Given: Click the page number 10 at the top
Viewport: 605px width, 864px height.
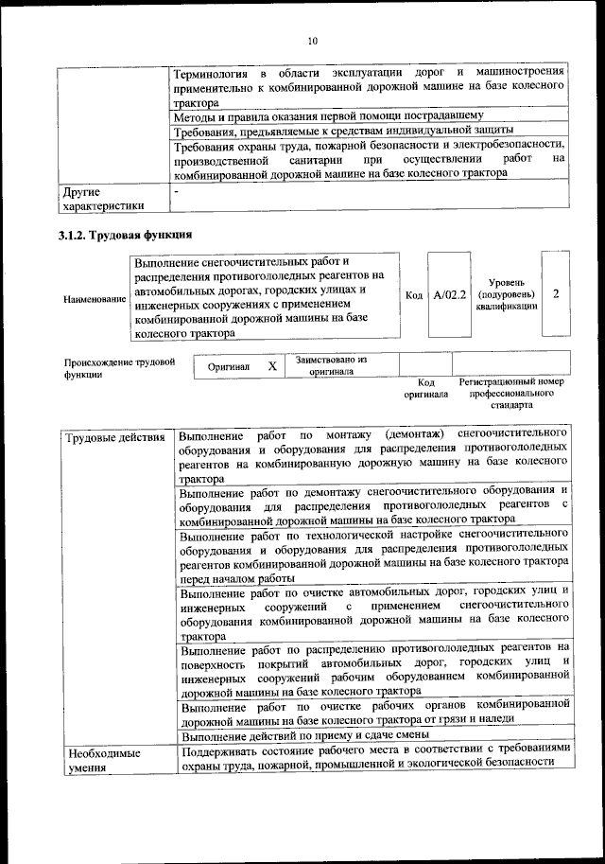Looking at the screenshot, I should tap(312, 41).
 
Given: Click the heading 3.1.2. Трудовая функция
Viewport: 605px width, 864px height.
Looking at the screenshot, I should tap(126, 235).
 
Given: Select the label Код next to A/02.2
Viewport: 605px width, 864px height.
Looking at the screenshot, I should tap(413, 295).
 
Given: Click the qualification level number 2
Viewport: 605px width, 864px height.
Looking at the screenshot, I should tap(555, 294).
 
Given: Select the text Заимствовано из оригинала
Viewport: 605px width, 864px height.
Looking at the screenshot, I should tap(331, 365).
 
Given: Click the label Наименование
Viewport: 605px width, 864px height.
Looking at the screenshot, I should tap(95, 299).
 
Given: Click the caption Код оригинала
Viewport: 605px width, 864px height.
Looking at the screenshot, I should tap(425, 387).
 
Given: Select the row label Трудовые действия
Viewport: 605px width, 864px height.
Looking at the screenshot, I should tap(116, 438).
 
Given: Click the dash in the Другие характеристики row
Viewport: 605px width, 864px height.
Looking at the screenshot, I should tap(177, 191).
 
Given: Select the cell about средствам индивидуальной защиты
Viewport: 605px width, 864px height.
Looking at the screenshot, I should tap(345, 130).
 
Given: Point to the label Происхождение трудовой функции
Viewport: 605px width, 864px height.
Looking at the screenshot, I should tap(119, 367).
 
